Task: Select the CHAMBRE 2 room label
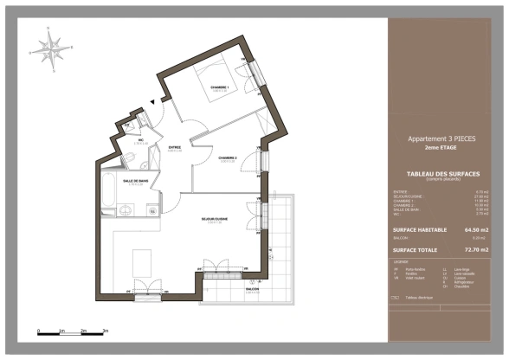pyautogui.click(x=228, y=157)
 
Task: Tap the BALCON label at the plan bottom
pyautogui.click(x=252, y=292)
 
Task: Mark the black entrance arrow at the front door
pyautogui.click(x=153, y=102)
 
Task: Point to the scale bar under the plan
pyautogui.click(x=72, y=331)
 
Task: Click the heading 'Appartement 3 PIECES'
pyautogui.click(x=441, y=138)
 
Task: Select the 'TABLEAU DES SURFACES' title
pyautogui.click(x=441, y=173)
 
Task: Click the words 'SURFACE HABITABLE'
pyautogui.click(x=420, y=230)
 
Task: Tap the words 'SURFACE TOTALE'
pyautogui.click(x=416, y=249)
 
